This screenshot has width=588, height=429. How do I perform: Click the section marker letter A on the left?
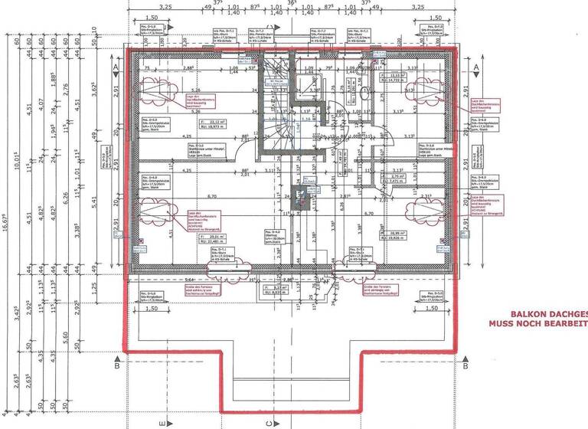[114, 68]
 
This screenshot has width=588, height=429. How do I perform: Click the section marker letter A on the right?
[476, 68]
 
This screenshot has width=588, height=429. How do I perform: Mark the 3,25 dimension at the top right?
[417, 6]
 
